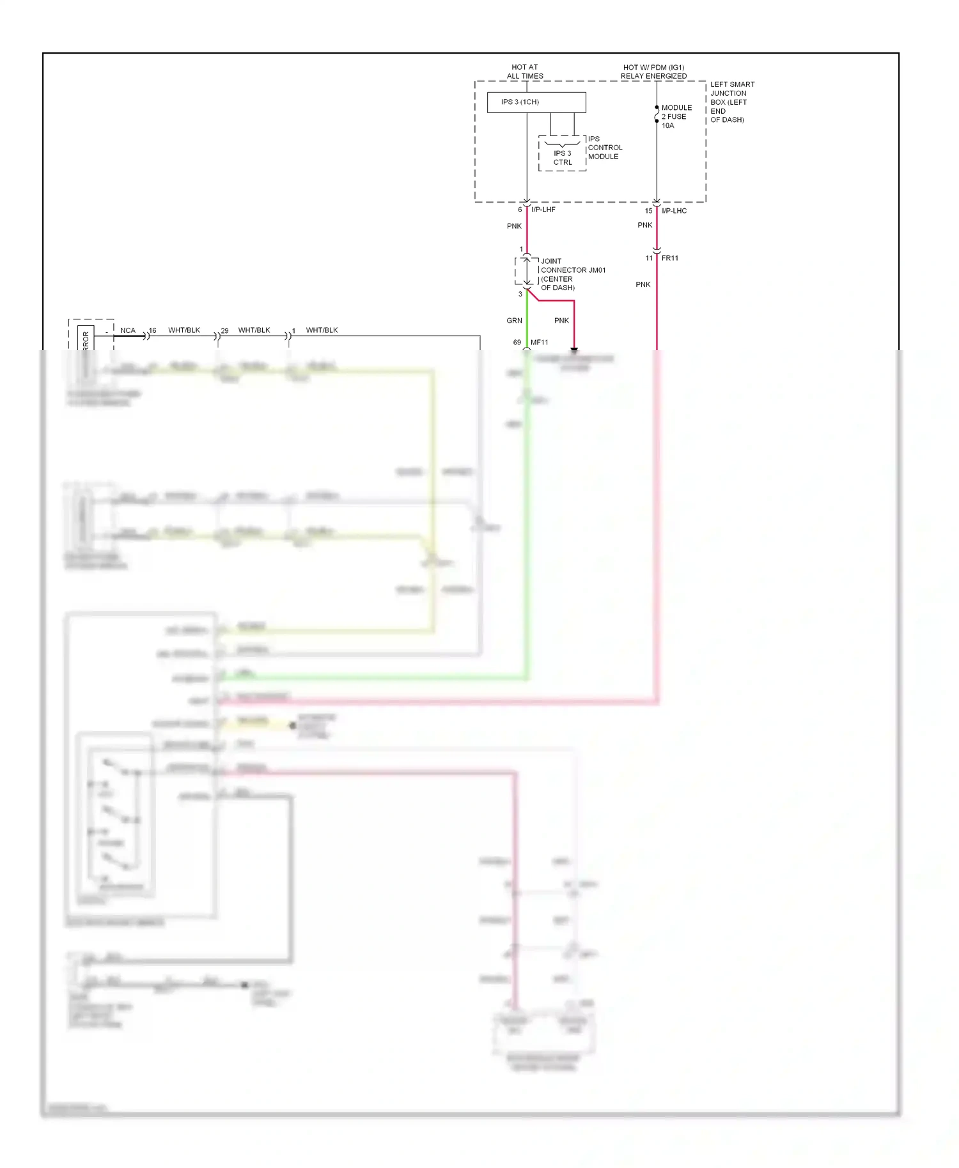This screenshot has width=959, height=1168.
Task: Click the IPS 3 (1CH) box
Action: coord(536,102)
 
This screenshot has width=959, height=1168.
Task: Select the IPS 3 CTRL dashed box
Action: coord(562,154)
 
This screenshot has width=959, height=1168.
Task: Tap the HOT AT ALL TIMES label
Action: coord(525,72)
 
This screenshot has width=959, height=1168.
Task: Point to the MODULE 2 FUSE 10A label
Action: coord(676,116)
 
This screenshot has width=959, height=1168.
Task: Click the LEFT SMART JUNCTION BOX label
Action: coord(732,102)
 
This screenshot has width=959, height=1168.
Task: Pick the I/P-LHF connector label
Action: coord(543,210)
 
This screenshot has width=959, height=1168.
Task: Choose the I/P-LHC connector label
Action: coord(674,211)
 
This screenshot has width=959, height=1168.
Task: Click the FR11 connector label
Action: coord(669,258)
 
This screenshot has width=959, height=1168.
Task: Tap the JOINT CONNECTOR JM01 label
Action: coord(573,274)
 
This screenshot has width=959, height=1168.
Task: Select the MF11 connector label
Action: coord(539,342)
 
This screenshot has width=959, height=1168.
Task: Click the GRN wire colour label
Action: coord(514,321)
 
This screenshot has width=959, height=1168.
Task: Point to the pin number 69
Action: coord(517,342)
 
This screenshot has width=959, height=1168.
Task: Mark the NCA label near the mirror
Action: coord(128,330)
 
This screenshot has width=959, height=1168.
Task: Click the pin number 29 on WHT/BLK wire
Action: coord(224,331)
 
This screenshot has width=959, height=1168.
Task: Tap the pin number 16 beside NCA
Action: coord(152,330)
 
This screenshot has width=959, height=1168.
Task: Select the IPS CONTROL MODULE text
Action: coord(604,148)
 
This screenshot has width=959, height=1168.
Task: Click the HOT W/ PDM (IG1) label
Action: coord(653,67)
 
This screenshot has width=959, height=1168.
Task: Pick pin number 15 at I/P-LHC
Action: coord(648,211)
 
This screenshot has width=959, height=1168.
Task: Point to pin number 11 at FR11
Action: coord(649,258)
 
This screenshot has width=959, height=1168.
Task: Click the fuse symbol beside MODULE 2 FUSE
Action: coord(657,114)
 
